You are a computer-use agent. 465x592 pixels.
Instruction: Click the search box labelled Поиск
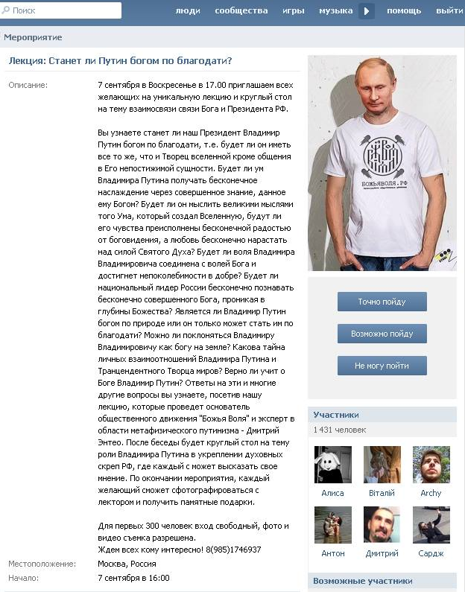pyautogui.click(x=63, y=10)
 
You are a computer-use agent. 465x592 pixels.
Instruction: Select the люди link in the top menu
pyautogui.click(x=188, y=10)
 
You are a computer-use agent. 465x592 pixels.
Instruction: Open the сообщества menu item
pyautogui.click(x=241, y=10)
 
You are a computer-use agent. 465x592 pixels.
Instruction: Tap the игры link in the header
pyautogui.click(x=293, y=10)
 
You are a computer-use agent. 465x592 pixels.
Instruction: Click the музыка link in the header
pyautogui.click(x=335, y=10)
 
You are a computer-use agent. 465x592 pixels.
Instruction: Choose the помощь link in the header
pyautogui.click(x=404, y=10)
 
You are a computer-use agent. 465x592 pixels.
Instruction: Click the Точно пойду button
pyautogui.click(x=382, y=302)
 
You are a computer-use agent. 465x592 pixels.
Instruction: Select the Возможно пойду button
pyautogui.click(x=382, y=334)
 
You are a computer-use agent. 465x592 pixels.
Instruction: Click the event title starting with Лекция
pyautogui.click(x=120, y=61)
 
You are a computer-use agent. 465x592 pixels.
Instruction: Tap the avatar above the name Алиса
pyautogui.click(x=332, y=465)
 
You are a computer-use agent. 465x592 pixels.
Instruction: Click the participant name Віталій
pyautogui.click(x=382, y=493)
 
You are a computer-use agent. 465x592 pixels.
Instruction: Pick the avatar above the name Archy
pyautogui.click(x=431, y=465)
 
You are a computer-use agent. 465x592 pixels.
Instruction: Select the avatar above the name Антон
pyautogui.click(x=332, y=525)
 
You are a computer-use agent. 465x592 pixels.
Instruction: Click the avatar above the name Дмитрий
pyautogui.click(x=382, y=525)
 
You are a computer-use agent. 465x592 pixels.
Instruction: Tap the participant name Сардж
pyautogui.click(x=431, y=553)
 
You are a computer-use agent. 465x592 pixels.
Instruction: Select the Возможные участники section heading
pyautogui.click(x=363, y=581)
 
